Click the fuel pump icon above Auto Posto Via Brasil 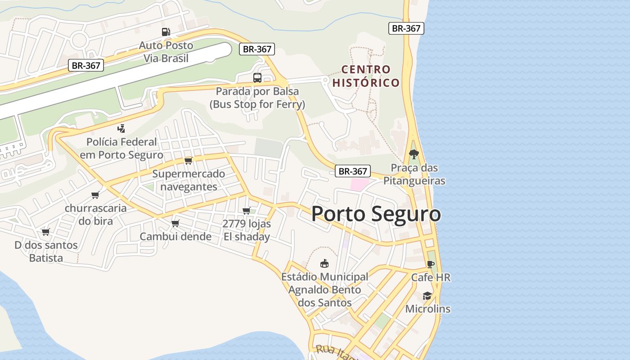[166, 32]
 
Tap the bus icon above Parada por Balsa [257, 78]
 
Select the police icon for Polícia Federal [121, 129]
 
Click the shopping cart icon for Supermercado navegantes [189, 161]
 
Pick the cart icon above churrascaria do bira [95, 195]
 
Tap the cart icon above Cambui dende [175, 223]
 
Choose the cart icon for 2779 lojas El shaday [247, 211]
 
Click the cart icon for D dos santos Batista [45, 232]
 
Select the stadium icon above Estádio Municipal [324, 263]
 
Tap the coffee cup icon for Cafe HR [431, 264]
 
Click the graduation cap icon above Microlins [427, 296]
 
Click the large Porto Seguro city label [376, 214]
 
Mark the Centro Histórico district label [366, 76]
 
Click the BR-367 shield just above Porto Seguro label [353, 171]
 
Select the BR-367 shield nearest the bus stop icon [256, 49]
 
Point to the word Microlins [427, 309]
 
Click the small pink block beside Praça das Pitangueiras [359, 184]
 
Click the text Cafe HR [431, 278]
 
